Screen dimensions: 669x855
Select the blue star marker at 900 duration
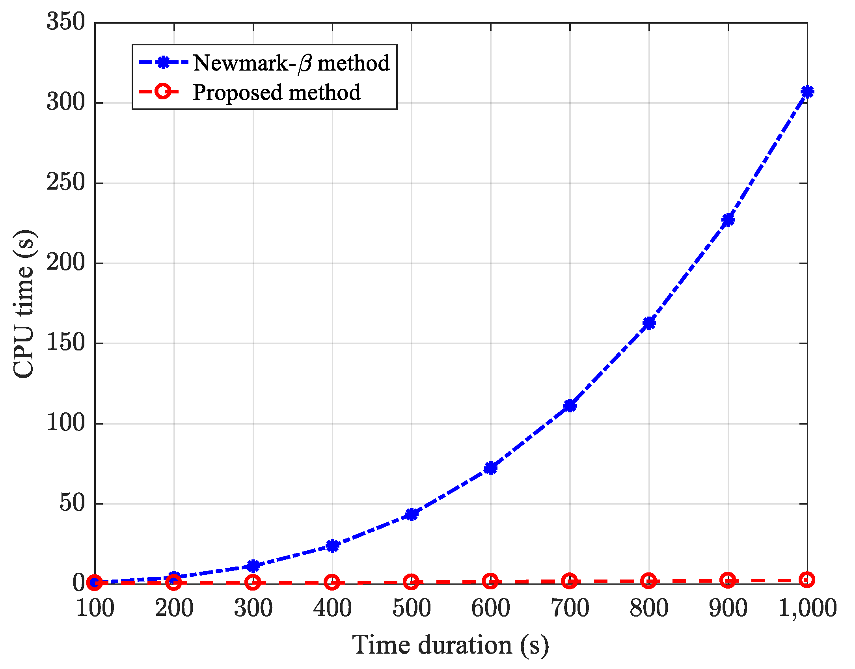pos(728,220)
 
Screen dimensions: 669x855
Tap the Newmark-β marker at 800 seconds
pos(649,323)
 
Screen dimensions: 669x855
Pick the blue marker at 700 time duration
pos(570,405)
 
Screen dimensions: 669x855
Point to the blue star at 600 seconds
pos(490,468)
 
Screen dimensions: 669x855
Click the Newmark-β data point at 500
pos(411,514)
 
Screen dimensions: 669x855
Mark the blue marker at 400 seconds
pos(332,546)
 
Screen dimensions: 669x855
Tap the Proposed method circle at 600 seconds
pos(490,581)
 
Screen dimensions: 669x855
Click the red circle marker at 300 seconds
pos(253,582)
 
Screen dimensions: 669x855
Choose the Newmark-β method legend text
pos(291,63)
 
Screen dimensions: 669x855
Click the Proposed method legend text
pos(276,92)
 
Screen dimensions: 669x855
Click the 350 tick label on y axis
pos(66,21)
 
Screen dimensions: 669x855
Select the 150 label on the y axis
pos(66,342)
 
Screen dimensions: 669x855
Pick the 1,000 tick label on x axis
pos(807,608)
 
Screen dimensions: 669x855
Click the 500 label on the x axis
pos(411,608)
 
